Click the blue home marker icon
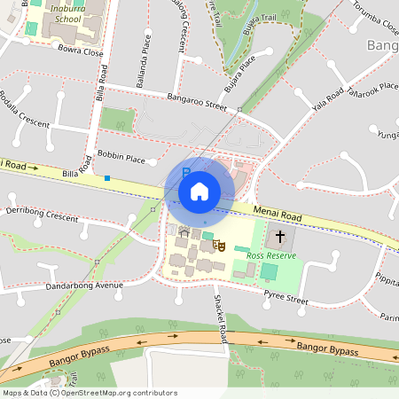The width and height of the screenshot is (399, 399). (x=199, y=191)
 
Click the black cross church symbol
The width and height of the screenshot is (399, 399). (x=281, y=237)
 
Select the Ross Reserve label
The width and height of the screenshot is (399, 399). (x=270, y=256)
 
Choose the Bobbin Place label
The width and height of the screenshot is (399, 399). (x=121, y=157)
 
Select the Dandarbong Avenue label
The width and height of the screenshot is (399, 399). (x=85, y=286)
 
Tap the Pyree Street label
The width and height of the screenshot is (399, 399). (x=286, y=301)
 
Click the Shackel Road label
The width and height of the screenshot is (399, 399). (x=219, y=319)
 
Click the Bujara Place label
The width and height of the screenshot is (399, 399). (x=239, y=67)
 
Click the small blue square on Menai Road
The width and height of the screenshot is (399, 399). (x=107, y=178)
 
